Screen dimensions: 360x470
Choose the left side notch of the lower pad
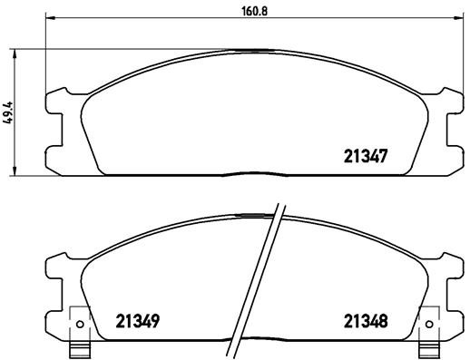click(x=54, y=277)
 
